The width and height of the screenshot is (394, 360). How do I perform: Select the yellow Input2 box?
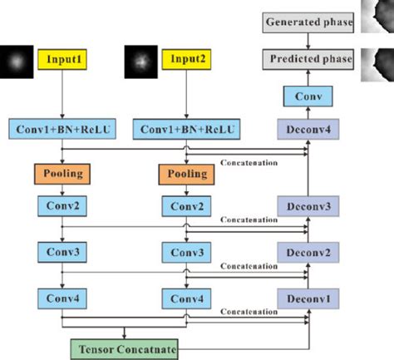coord(188,61)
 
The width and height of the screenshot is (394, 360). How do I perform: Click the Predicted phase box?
coord(308,60)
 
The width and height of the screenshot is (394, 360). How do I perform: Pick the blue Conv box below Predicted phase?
coord(308,97)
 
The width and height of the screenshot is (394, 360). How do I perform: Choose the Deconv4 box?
coord(308,130)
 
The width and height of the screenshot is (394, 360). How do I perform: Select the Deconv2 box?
coord(308,251)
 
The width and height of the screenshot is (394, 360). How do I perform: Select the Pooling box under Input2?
coord(188,175)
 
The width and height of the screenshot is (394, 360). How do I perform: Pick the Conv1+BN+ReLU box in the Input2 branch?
coord(188,130)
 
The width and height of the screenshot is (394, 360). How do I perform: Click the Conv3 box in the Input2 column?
coord(188,251)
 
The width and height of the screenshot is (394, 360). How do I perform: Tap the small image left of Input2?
coord(140,61)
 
